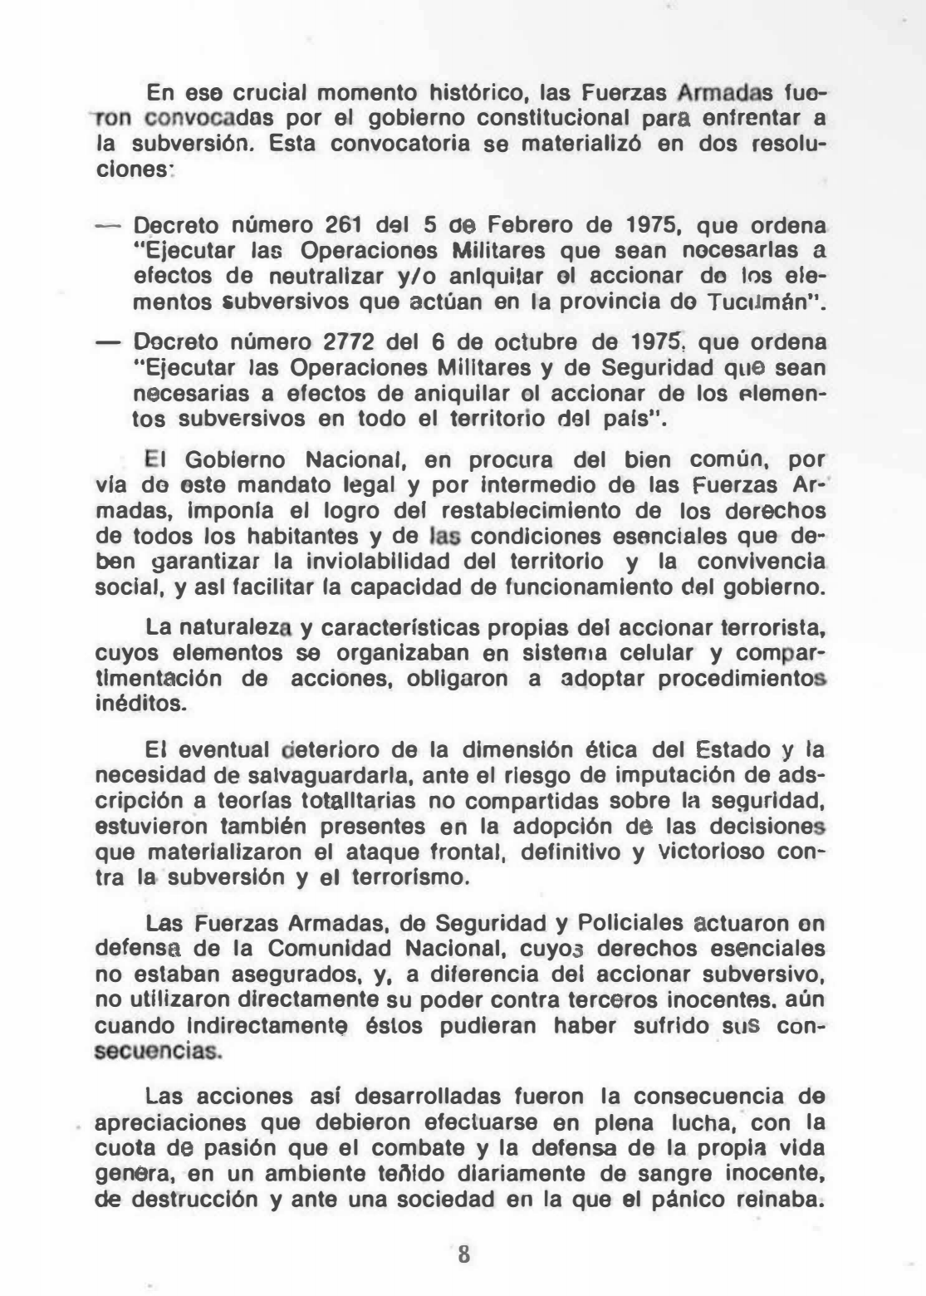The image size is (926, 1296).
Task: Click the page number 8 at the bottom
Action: [x=463, y=1254]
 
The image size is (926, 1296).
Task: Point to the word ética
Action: [x=610, y=750]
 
